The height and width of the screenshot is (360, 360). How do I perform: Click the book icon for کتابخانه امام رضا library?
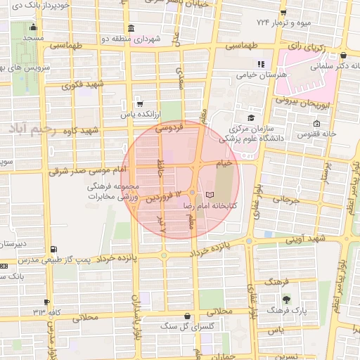coord(209,195)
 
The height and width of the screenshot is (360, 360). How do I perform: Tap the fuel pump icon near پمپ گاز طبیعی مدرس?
coord(54,249)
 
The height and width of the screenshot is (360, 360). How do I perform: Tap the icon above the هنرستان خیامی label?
coord(262,64)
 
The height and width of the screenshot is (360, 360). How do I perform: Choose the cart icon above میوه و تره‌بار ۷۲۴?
coord(283,13)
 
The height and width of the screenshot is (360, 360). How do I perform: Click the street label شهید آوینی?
coord(304,240)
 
